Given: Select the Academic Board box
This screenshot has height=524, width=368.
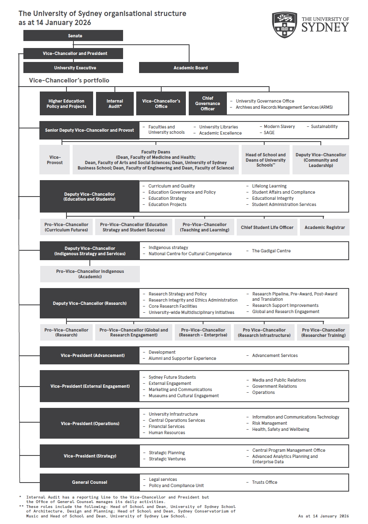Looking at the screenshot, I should pyautogui.click(x=189, y=68).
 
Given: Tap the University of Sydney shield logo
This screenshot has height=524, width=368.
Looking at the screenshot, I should pyautogui.click(x=285, y=25).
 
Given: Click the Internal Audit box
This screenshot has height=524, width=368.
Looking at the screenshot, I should pyautogui.click(x=114, y=103).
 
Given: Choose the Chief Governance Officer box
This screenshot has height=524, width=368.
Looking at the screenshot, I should pyautogui.click(x=208, y=103).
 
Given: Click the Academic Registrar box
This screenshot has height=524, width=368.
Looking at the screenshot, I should pyautogui.click(x=325, y=227).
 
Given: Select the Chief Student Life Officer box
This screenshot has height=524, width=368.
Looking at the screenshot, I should pyautogui.click(x=267, y=227).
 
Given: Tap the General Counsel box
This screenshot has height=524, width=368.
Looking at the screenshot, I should pyautogui.click(x=89, y=482).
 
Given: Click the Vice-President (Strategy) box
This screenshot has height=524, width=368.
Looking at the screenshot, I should pyautogui.click(x=90, y=456).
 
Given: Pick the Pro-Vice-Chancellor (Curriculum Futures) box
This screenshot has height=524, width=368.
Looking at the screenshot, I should pyautogui.click(x=66, y=227).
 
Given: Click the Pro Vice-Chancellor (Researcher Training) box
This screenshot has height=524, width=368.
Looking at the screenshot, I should pyautogui.click(x=323, y=332).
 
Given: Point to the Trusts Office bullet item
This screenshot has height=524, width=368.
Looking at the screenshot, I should pyautogui.click(x=265, y=482).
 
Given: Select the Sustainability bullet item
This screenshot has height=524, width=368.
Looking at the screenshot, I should pyautogui.click(x=324, y=126).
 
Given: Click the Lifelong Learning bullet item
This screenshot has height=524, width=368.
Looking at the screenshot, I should pyautogui.click(x=269, y=186).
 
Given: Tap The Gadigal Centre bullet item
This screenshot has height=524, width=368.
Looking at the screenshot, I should pyautogui.click(x=271, y=251).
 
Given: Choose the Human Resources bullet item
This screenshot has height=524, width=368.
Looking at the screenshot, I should pyautogui.click(x=167, y=432).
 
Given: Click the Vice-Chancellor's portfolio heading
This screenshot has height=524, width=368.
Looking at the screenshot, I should pyautogui.click(x=69, y=80).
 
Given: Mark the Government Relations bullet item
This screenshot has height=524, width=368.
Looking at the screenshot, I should pyautogui.click(x=274, y=386).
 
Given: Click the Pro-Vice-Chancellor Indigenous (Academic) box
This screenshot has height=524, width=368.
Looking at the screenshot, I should pyautogui.click(x=90, y=274).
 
